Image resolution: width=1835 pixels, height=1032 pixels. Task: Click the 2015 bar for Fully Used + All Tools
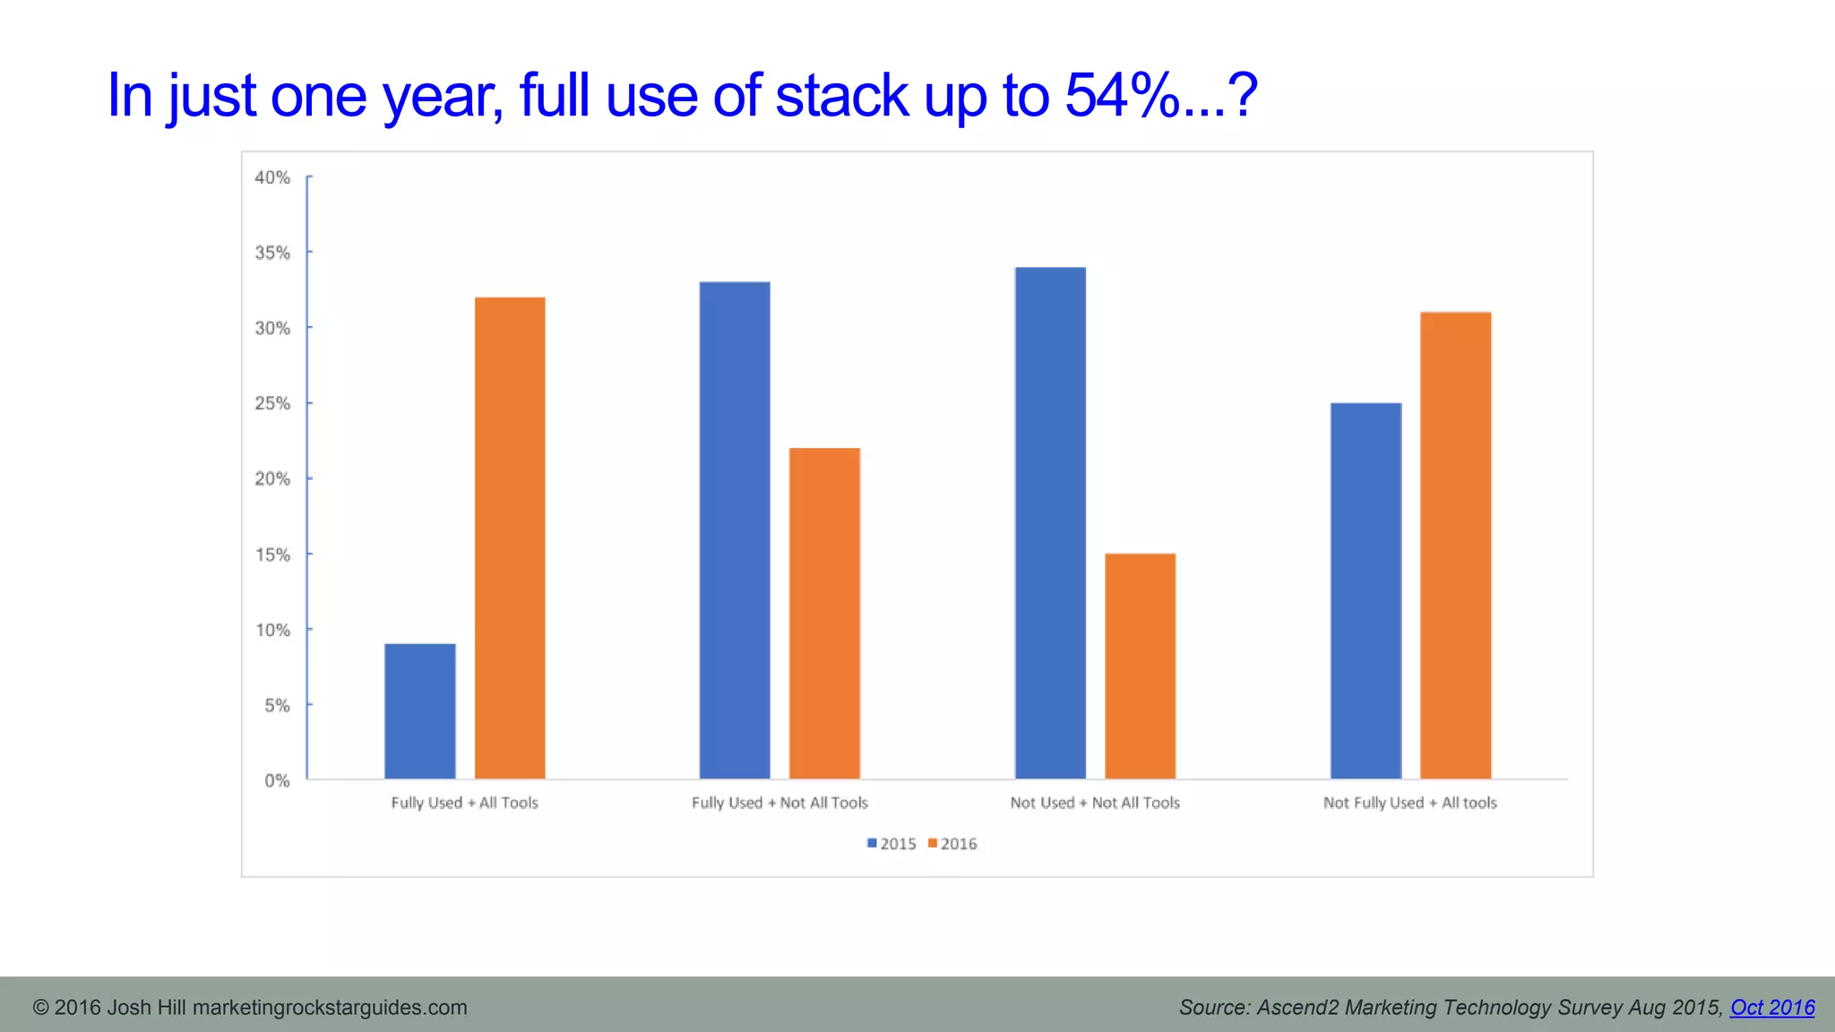click(420, 711)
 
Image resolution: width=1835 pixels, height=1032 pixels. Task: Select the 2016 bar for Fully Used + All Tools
click(510, 537)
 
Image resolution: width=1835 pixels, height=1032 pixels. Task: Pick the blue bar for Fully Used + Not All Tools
click(735, 530)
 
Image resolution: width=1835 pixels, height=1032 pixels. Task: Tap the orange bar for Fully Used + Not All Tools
click(824, 614)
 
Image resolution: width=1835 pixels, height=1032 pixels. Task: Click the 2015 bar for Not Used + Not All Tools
click(1050, 523)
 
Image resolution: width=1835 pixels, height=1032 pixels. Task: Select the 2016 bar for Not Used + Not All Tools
click(1140, 666)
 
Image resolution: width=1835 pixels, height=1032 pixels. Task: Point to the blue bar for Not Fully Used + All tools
click(1365, 591)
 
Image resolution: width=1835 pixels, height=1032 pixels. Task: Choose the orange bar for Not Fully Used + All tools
click(1456, 546)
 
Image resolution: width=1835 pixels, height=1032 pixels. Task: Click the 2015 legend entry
click(892, 844)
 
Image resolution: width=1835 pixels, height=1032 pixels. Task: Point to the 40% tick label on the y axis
click(272, 177)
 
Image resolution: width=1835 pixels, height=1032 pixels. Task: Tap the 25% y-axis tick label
click(272, 404)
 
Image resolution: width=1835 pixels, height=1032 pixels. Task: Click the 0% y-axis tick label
click(277, 780)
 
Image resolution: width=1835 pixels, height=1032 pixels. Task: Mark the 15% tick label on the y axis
click(272, 555)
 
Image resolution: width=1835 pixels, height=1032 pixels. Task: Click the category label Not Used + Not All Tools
click(1095, 803)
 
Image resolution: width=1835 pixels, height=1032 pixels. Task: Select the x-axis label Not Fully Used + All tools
click(1410, 803)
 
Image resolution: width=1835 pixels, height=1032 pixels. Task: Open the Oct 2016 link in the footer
click(1772, 1008)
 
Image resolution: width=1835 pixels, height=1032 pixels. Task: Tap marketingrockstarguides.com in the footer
click(330, 1008)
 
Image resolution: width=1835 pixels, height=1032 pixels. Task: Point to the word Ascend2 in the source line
click(1297, 1008)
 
